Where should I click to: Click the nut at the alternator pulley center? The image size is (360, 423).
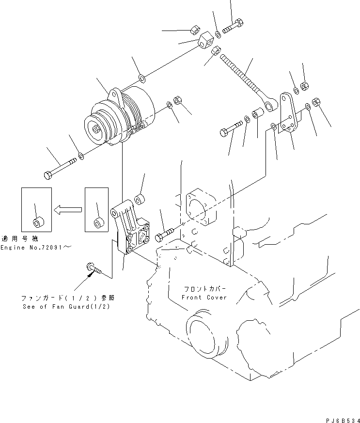(x=97, y=130)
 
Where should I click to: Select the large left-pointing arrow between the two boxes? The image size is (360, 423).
(x=67, y=210)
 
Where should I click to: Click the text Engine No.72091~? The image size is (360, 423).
(x=36, y=248)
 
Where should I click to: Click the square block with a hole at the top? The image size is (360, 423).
(x=208, y=41)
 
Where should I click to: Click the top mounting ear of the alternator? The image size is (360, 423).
(x=115, y=95)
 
